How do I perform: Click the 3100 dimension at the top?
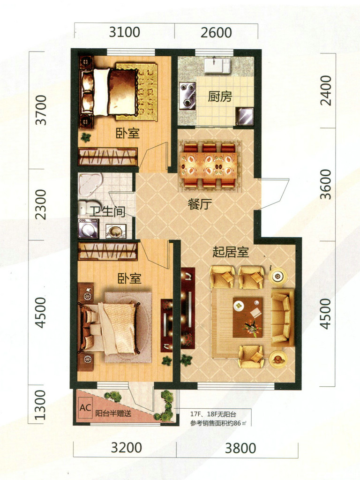tap(125, 32)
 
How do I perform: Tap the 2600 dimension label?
tap(216, 32)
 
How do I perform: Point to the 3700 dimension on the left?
tap(41, 110)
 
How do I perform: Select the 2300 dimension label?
tap(41, 204)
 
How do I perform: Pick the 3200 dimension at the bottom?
tap(126, 448)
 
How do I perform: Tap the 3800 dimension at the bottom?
tap(240, 448)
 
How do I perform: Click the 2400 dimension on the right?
tap(326, 90)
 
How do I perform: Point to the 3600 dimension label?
tap(326, 184)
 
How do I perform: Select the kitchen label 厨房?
tap(220, 97)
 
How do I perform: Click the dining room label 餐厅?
tap(200, 204)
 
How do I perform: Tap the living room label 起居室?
tap(231, 252)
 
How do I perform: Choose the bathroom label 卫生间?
tap(107, 211)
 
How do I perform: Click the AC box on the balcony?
tap(85, 407)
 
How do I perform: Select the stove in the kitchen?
tap(187, 96)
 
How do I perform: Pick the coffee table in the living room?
tap(247, 317)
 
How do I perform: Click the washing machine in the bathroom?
tap(88, 228)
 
